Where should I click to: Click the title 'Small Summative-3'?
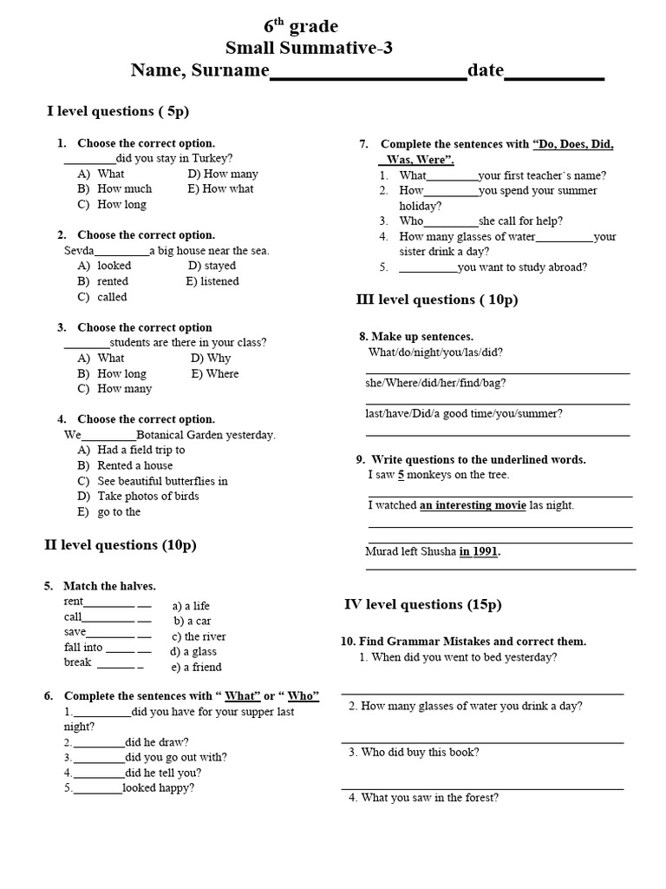(x=309, y=48)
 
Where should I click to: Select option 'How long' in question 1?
(x=121, y=205)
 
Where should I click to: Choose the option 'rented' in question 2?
(x=113, y=281)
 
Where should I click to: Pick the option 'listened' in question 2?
(x=219, y=281)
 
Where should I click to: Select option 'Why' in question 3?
(x=219, y=358)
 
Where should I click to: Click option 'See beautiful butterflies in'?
(x=162, y=481)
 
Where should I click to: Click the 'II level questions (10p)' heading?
(x=121, y=545)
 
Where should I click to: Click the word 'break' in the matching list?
(x=77, y=662)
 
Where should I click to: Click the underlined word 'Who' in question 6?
(x=303, y=696)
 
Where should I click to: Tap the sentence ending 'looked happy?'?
(x=158, y=788)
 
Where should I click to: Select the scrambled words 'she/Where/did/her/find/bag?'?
(x=435, y=383)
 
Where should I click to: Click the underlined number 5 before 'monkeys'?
(x=402, y=475)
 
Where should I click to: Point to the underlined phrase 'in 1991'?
(x=479, y=551)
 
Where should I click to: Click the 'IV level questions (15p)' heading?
(x=423, y=604)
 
